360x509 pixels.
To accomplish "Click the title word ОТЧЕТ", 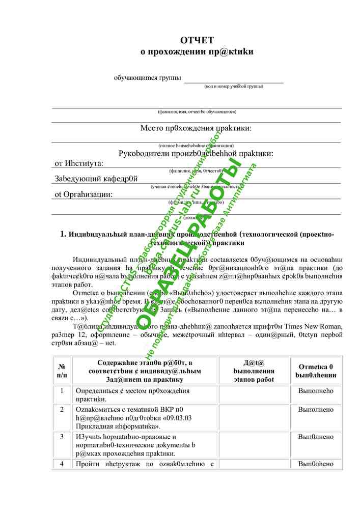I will (x=197, y=40).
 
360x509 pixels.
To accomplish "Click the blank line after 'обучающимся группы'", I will (x=234, y=78).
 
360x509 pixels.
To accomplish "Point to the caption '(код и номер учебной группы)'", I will (x=234, y=87).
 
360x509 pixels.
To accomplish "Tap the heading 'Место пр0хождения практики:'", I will (x=196, y=128).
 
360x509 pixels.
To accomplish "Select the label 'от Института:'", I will (x=79, y=163).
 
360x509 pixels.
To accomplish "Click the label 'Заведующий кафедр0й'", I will (x=96, y=179).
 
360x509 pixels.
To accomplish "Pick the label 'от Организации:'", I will (x=84, y=194).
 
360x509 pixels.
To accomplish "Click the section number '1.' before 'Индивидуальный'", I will (x=64, y=234).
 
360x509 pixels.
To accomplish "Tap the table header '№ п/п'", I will (x=62, y=371).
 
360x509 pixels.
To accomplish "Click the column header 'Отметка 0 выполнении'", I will (x=315, y=371).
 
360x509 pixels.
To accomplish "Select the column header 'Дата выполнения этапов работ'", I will (x=254, y=371).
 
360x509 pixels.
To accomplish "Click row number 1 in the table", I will (x=62, y=391).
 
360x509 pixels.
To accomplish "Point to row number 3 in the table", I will (x=62, y=437).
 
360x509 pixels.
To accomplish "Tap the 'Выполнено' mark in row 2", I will (x=316, y=409).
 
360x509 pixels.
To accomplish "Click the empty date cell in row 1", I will (x=254, y=395).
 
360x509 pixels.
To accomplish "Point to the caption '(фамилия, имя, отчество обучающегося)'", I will (x=197, y=111).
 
